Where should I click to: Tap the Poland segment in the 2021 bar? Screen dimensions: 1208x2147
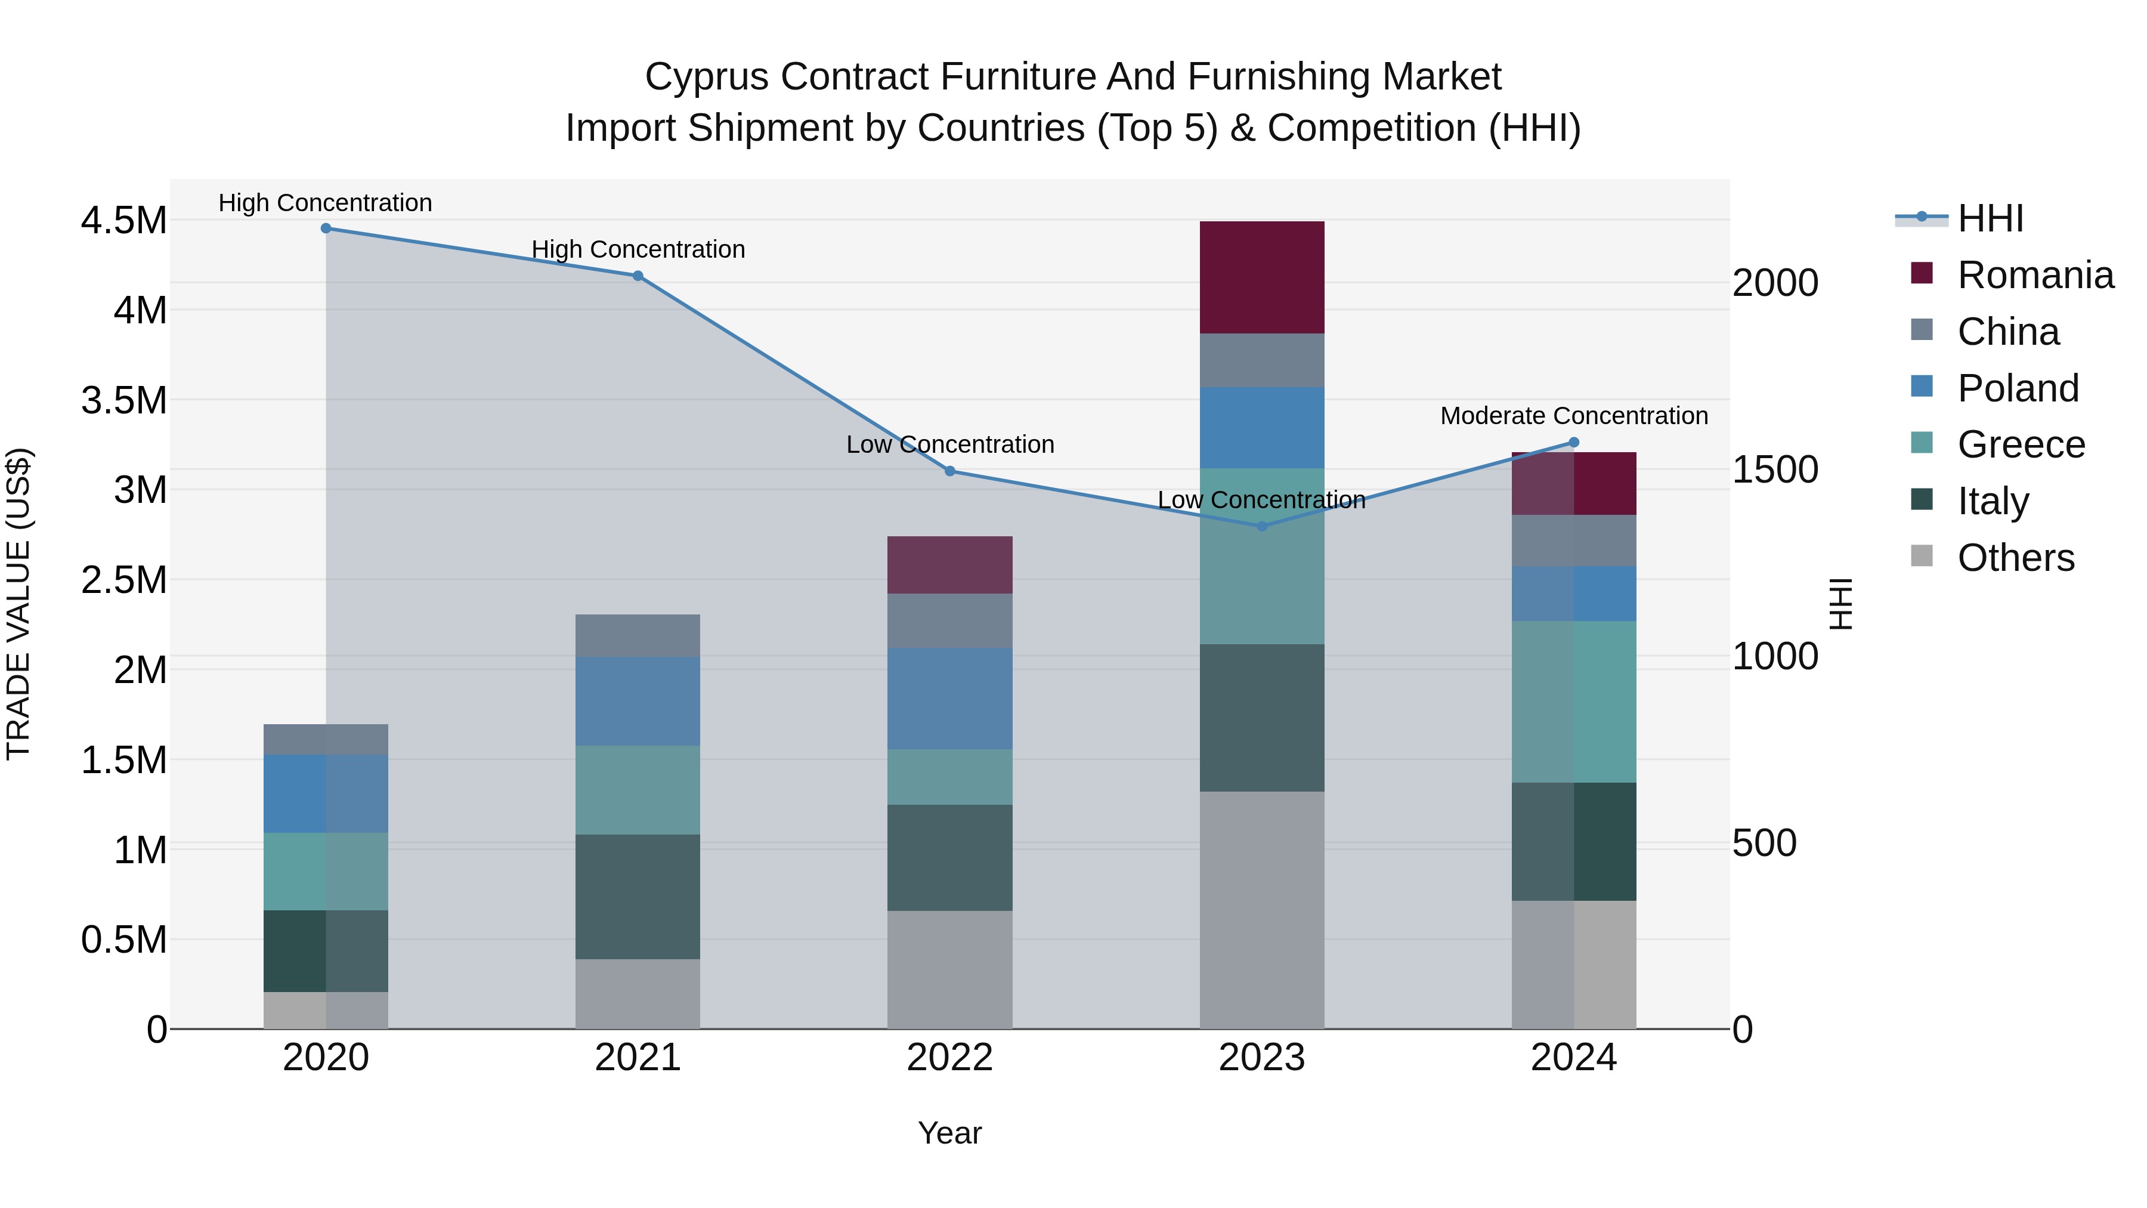click(x=638, y=700)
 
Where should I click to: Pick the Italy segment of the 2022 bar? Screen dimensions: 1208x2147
click(x=949, y=857)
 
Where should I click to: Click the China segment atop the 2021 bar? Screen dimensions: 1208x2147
click(x=638, y=635)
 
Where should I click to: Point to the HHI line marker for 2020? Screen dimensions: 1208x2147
click(x=326, y=228)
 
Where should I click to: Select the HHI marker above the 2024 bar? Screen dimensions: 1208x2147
click(x=1574, y=443)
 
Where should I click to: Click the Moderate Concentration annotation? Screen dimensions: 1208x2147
click(x=1574, y=415)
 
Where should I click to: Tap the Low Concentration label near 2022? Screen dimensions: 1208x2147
click(x=949, y=444)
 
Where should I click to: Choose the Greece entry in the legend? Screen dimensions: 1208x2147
click(x=2021, y=444)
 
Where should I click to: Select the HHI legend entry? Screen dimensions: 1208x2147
click(x=1990, y=218)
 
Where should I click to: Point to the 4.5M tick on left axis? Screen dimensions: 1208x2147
click(x=123, y=221)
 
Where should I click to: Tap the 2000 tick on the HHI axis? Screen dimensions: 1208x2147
click(x=1774, y=283)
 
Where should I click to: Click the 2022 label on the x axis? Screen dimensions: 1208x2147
click(x=949, y=1058)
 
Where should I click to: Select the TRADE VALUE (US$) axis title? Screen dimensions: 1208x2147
click(x=18, y=604)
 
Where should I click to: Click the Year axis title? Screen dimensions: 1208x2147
click(x=949, y=1133)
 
